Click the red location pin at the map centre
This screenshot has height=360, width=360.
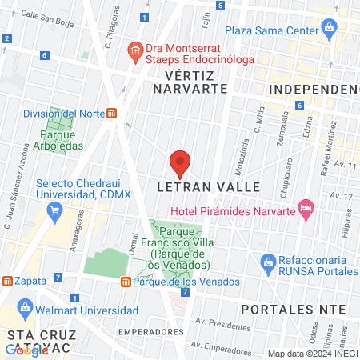tap(180, 163)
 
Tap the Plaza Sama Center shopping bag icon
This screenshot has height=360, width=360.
tap(329, 30)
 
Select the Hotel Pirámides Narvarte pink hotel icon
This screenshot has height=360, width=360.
tap(305, 207)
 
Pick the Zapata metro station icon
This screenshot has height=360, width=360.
tap(6, 282)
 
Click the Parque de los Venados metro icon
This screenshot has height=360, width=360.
tap(125, 282)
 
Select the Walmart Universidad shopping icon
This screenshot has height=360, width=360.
tap(26, 307)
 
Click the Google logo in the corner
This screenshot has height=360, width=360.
tap(25, 350)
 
